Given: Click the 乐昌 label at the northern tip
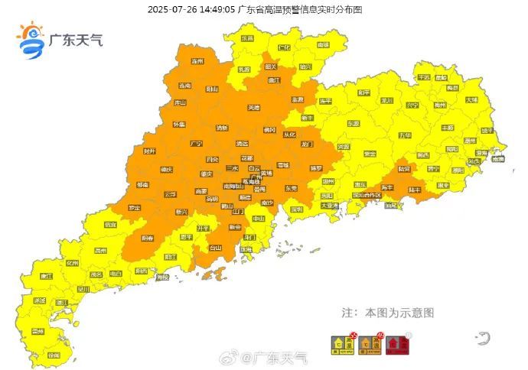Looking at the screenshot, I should [x=246, y=38].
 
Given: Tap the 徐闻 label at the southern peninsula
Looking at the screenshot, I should [x=54, y=355].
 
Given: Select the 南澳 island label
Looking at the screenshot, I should [x=498, y=159].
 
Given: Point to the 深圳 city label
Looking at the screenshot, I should [x=297, y=208].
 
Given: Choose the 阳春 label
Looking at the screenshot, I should [x=148, y=239].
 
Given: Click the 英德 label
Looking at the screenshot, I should [x=253, y=108].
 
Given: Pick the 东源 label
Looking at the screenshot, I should [x=353, y=122].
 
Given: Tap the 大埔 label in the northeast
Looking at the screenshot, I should [x=471, y=99].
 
